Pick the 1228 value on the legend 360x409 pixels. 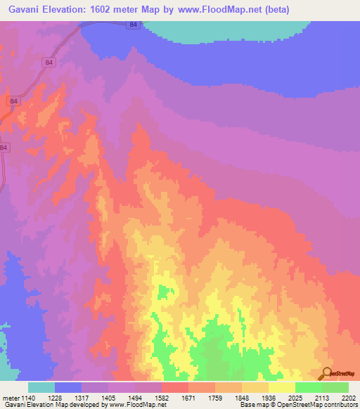pos(66,397)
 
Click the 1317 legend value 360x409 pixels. pos(93,397)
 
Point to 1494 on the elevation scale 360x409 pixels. pos(146,397)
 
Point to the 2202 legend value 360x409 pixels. pos(349,397)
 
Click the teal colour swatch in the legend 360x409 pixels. pos(41,387)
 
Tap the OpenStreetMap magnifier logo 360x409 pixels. pos(326,373)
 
